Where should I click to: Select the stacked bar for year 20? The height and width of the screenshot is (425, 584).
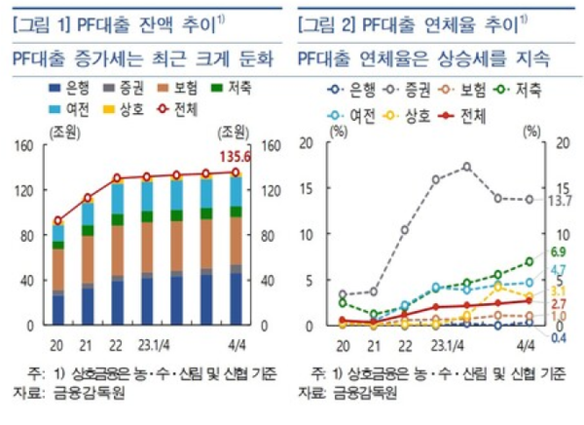(x=58, y=273)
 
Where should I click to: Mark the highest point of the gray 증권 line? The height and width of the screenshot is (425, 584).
(x=467, y=167)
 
